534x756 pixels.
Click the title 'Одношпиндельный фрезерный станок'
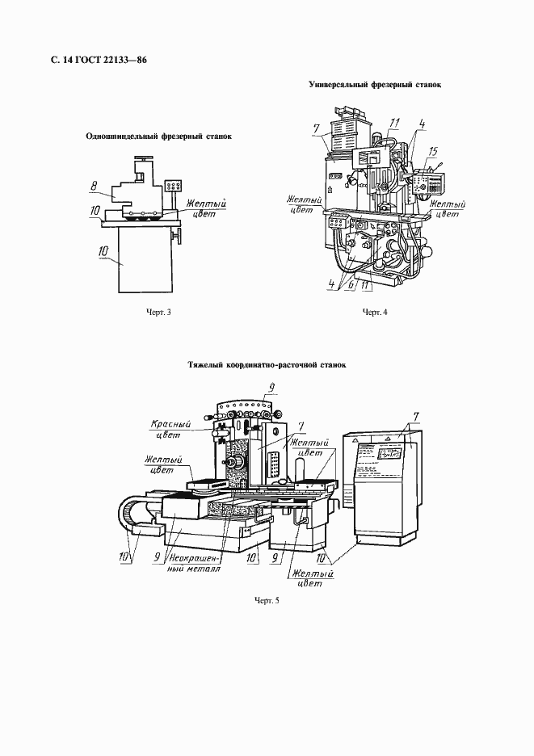[x=159, y=136]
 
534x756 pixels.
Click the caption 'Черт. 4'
[x=375, y=312]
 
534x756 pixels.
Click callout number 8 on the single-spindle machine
[x=94, y=187]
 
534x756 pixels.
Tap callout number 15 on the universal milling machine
[x=433, y=151]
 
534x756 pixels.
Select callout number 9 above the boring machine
[x=272, y=386]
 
